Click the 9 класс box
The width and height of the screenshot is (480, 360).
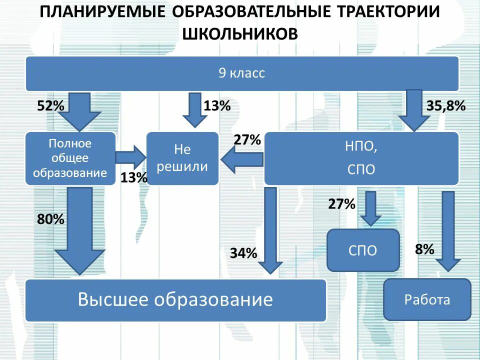click(242, 73)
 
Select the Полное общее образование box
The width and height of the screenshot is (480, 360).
click(70, 158)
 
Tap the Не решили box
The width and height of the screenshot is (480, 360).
click(182, 158)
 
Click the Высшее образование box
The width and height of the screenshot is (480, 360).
click(175, 300)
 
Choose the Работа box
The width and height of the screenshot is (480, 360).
click(427, 299)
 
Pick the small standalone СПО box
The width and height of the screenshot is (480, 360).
click(363, 250)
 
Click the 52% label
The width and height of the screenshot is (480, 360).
click(50, 106)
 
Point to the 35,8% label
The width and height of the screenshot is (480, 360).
click(446, 106)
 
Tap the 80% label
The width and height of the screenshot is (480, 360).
click(50, 219)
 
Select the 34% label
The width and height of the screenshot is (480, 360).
click(243, 253)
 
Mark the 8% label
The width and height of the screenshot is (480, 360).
click(424, 249)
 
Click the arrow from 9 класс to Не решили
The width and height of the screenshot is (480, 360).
click(194, 109)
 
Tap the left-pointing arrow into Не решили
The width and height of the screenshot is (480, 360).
click(241, 159)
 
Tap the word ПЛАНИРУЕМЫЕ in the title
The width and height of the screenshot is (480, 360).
click(102, 12)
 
